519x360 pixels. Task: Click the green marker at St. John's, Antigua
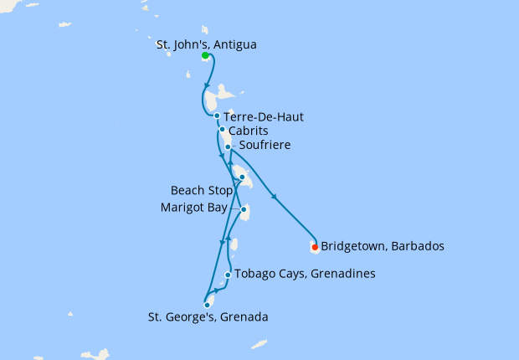tap(205, 55)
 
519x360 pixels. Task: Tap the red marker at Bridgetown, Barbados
tap(315, 247)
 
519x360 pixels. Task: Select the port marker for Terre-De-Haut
tap(217, 116)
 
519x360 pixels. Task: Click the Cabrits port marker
tap(222, 129)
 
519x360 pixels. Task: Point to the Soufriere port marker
tap(228, 147)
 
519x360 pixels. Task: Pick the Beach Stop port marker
tap(241, 177)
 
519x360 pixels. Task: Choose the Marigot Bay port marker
tap(244, 209)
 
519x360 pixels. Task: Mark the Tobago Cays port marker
tap(228, 275)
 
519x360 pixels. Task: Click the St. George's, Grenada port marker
tap(207, 306)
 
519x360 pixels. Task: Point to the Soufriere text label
tap(265, 146)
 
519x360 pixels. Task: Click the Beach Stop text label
tap(201, 190)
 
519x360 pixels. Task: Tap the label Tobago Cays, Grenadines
tap(305, 274)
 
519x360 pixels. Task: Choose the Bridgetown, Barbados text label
tap(383, 247)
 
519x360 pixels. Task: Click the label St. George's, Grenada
tap(208, 317)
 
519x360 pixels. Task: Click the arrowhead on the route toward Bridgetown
tap(276, 198)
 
